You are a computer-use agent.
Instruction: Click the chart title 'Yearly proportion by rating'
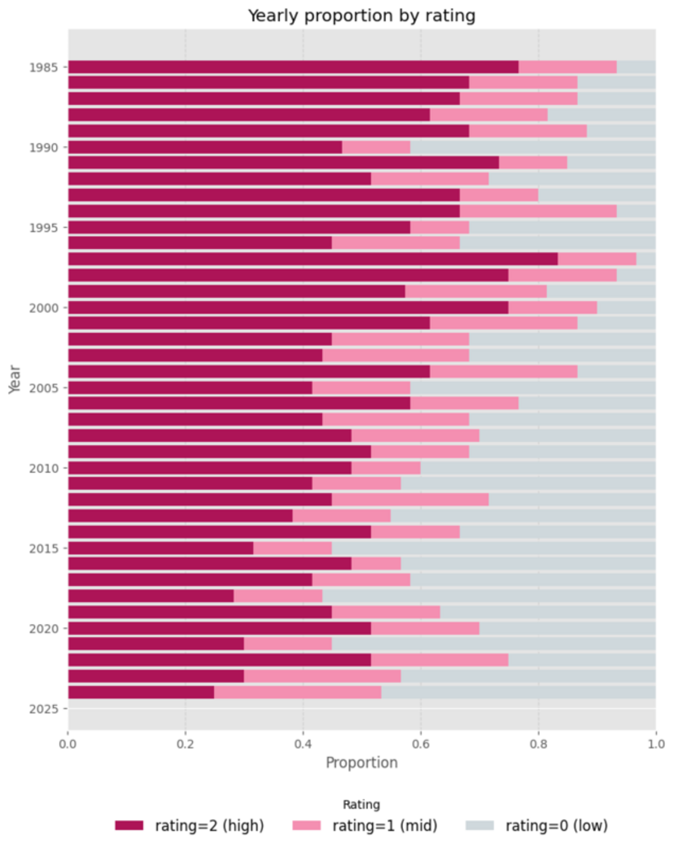[361, 16]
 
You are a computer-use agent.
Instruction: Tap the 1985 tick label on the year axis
[43, 67]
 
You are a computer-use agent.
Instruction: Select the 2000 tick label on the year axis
[43, 308]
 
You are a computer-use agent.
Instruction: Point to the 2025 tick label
[43, 709]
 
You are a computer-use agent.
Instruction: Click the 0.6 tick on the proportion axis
[420, 744]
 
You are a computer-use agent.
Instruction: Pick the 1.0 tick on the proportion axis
[655, 744]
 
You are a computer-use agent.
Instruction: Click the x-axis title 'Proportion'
[361, 763]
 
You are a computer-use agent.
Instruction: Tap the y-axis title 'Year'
[14, 379]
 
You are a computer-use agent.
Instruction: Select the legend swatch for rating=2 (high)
[129, 825]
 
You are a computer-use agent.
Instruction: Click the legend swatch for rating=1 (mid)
[306, 825]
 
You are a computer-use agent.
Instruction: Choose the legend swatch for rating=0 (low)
[480, 825]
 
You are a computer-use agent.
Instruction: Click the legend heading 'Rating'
[361, 805]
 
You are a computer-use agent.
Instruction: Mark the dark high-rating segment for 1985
[293, 67]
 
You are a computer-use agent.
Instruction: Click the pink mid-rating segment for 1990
[376, 148]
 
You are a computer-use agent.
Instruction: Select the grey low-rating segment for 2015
[493, 548]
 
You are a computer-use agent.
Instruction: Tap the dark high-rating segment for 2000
[288, 308]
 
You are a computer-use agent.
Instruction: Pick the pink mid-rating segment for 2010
[386, 468]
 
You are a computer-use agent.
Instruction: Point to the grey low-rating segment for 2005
[533, 388]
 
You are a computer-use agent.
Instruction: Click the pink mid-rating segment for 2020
[425, 628]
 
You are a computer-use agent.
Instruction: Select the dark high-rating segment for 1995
[239, 228]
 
